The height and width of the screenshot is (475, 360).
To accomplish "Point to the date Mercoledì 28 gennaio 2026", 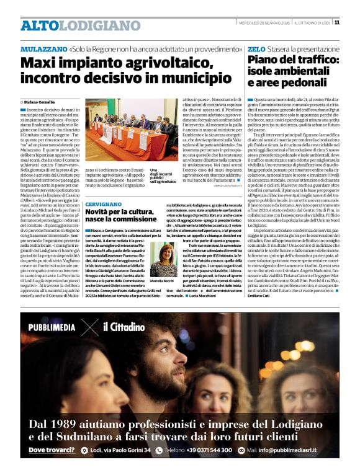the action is [x=264, y=23].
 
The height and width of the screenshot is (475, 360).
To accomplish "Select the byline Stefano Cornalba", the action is [x=39, y=101].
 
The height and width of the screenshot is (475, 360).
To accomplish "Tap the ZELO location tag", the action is [x=256, y=48].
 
